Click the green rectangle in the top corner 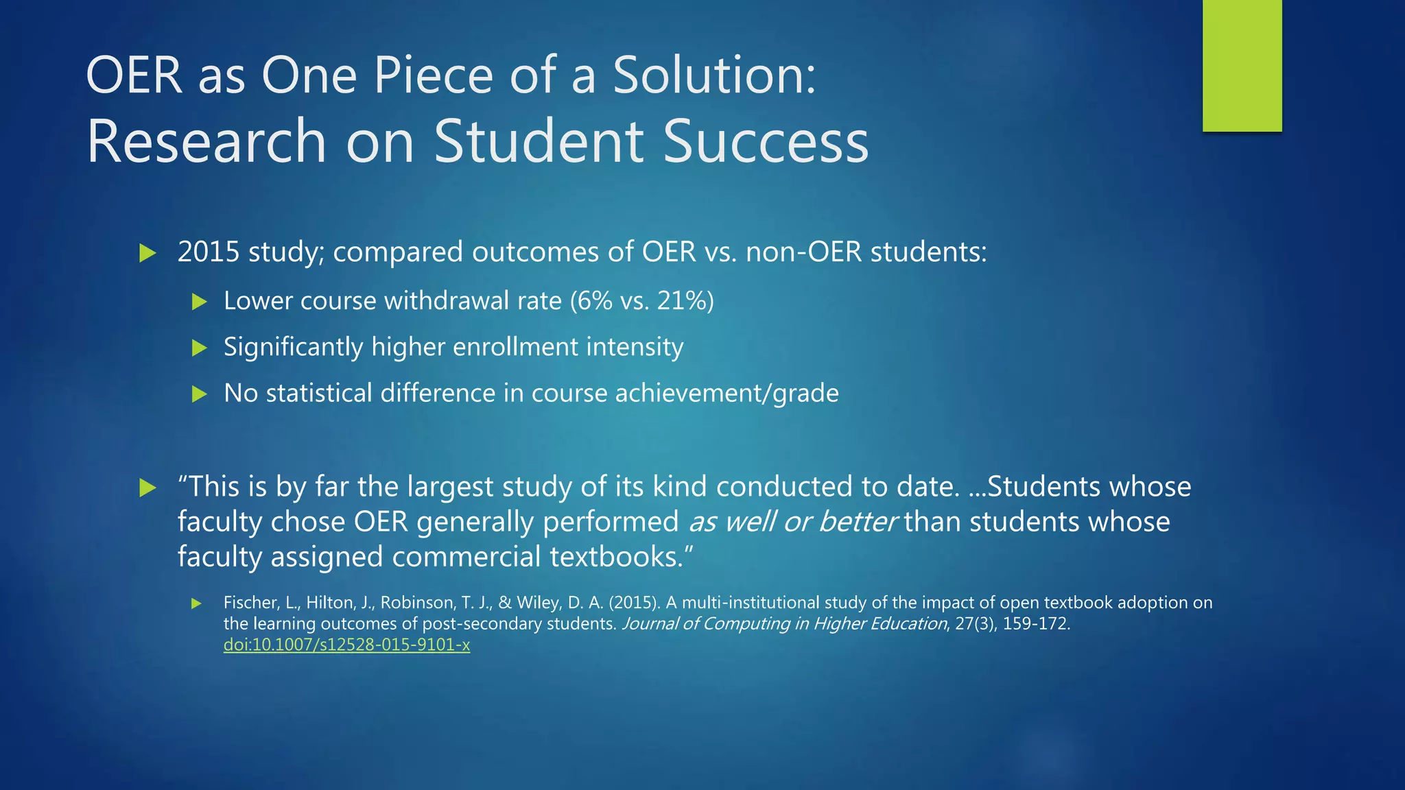(1242, 65)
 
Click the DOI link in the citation (346, 645)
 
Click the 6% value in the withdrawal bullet (594, 300)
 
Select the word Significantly (293, 347)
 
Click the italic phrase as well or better (792, 522)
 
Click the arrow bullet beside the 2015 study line (147, 253)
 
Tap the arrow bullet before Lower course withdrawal (200, 301)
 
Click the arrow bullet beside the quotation (147, 488)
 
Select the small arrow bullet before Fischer (197, 603)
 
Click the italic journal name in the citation (784, 623)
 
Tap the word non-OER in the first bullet (803, 252)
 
